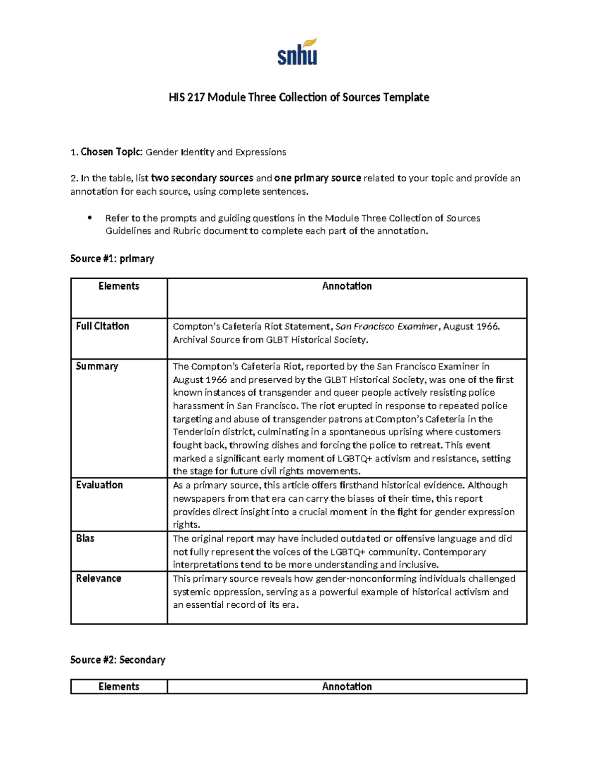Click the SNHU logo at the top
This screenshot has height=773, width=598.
coord(298,52)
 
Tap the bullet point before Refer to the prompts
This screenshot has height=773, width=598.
coord(90,218)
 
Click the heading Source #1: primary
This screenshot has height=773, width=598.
coord(112,258)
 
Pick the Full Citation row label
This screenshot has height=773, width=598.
coord(102,326)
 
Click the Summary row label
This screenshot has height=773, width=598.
coord(97,366)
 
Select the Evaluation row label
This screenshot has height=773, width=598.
coord(99,485)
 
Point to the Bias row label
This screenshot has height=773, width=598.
coord(85,539)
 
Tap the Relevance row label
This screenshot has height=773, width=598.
coord(98,578)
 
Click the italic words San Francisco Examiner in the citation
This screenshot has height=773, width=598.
coord(387,327)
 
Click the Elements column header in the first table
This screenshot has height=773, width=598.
coord(119,286)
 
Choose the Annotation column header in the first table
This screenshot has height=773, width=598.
coord(347,286)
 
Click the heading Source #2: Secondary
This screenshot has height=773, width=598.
coord(118,660)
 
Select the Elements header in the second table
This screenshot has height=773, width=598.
coord(119,686)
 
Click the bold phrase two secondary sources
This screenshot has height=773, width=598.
coord(202,178)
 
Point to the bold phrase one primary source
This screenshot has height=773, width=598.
coord(317,178)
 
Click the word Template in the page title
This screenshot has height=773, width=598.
coord(406,97)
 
